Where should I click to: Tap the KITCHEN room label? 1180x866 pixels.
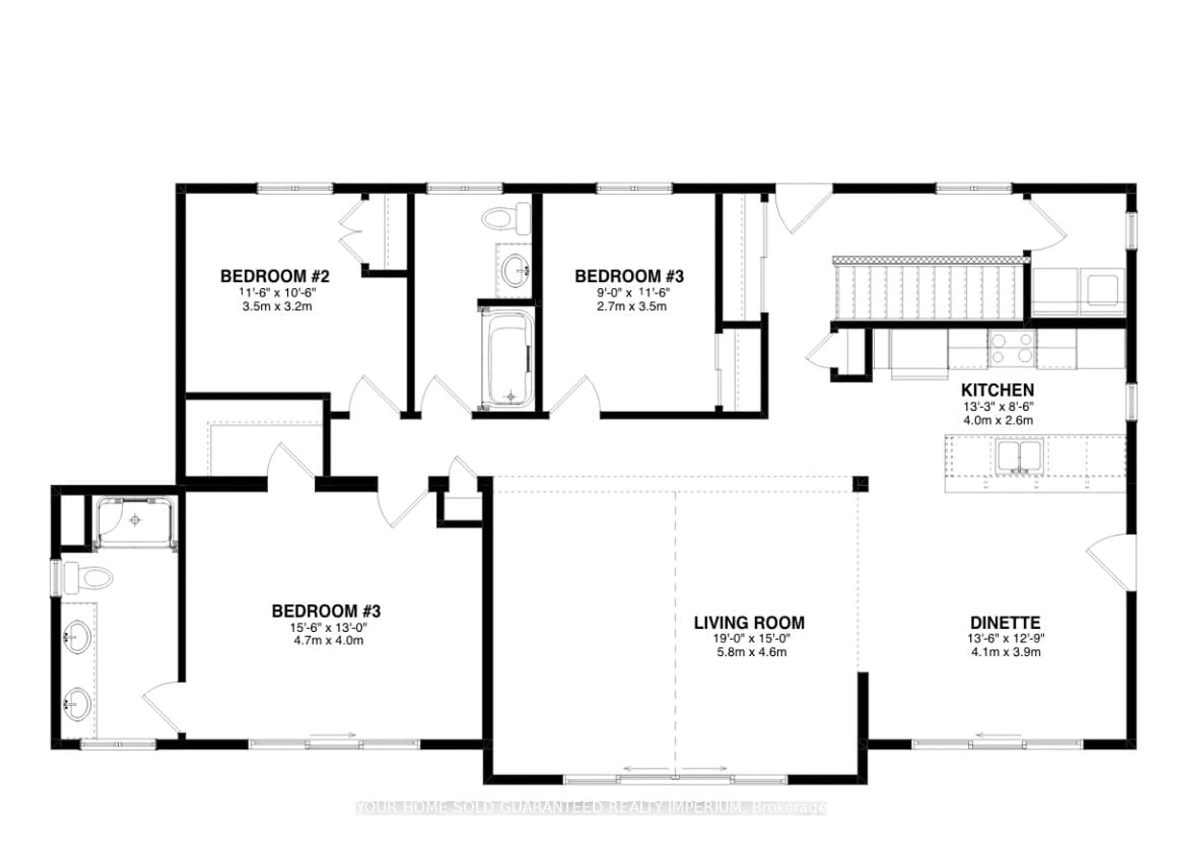(x=997, y=390)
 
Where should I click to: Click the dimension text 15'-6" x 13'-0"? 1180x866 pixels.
(x=328, y=627)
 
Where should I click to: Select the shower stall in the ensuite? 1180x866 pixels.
(x=135, y=521)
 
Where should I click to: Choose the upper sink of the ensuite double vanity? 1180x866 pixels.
(x=77, y=637)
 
